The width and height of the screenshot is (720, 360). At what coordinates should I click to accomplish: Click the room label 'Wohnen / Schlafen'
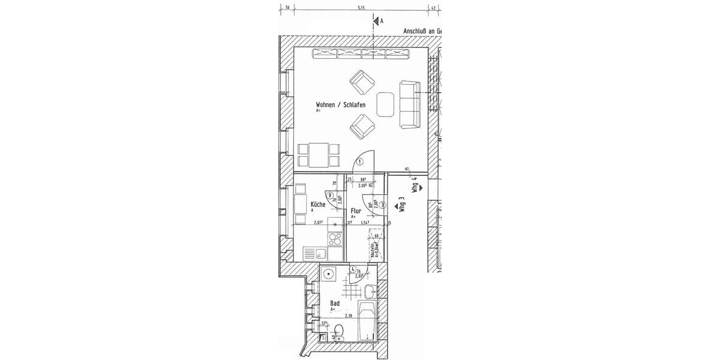click(340, 105)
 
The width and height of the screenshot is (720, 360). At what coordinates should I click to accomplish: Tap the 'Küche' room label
click(317, 205)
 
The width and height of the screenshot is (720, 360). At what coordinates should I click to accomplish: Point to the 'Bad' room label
click(335, 304)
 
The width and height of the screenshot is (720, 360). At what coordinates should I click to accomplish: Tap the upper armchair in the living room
click(362, 82)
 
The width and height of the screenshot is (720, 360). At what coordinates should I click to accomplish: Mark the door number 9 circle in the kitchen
click(331, 194)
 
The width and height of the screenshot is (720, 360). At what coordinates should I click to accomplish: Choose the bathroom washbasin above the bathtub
click(370, 292)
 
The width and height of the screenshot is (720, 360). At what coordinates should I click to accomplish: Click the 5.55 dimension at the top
click(361, 8)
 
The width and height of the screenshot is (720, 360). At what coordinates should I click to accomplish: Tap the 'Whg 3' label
click(402, 206)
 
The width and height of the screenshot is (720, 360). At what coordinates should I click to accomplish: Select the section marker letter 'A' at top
click(380, 21)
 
